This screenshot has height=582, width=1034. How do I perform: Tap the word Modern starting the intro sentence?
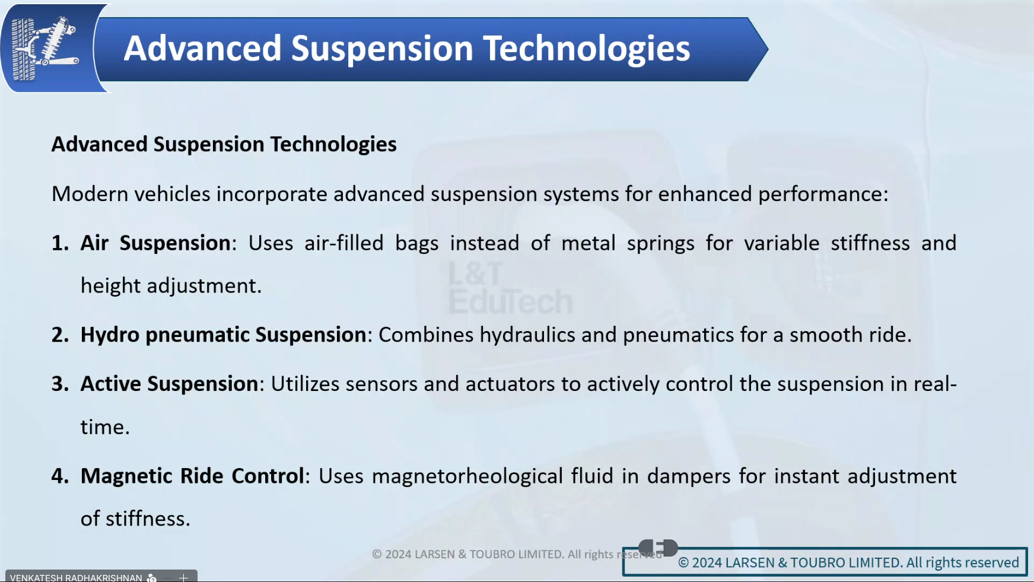[90, 194]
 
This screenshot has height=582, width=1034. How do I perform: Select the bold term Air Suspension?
[155, 243]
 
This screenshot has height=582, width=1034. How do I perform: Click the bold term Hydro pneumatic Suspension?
[223, 335]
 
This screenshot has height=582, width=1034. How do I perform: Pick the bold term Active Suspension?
[169, 384]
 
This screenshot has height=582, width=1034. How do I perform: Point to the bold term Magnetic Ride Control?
[192, 476]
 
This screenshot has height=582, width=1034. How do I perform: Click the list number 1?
[60, 243]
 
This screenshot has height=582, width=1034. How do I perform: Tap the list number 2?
[60, 335]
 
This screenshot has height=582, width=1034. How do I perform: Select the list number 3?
[60, 384]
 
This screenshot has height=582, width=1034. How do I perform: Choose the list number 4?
[60, 476]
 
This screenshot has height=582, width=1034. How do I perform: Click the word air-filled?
[344, 243]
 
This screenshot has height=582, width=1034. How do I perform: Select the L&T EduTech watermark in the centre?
[510, 288]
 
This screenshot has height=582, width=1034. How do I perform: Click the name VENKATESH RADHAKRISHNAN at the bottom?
[76, 577]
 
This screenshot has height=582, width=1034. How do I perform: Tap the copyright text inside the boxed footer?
[848, 562]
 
